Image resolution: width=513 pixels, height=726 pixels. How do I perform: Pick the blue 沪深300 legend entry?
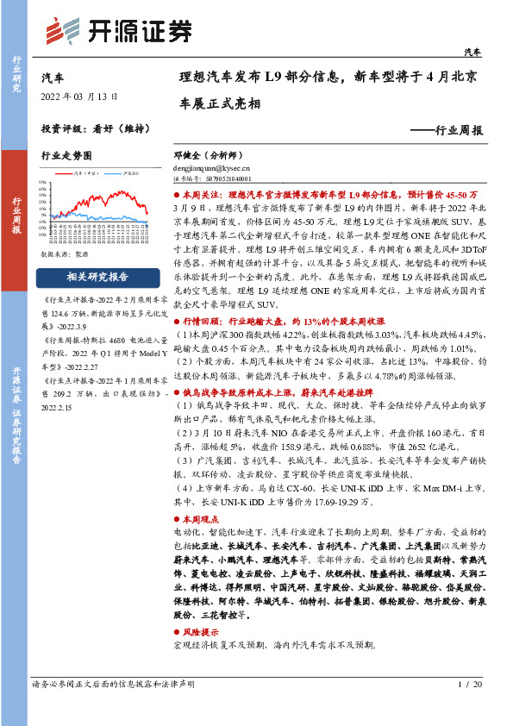[x=131, y=173]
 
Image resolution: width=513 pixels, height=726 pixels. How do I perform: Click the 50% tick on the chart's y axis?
[x=45, y=184]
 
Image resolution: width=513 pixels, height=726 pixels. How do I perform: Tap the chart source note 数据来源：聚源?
[x=65, y=255]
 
